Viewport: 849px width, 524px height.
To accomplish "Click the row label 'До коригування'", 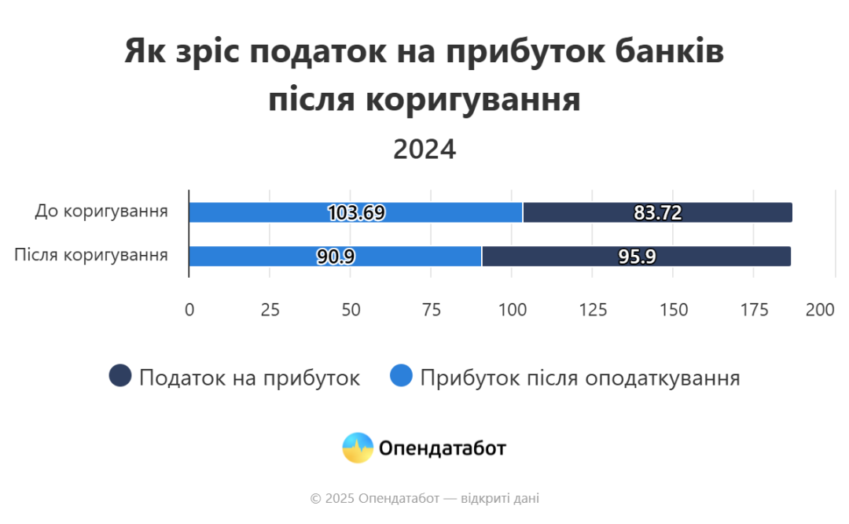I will pos(101,212).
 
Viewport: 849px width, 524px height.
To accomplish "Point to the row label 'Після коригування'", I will pos(91,256).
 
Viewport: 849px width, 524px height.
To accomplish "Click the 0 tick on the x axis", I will pos(189,310).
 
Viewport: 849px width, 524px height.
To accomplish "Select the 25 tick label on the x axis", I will pos(270,310).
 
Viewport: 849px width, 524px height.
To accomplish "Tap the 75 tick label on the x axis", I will pos(432,310).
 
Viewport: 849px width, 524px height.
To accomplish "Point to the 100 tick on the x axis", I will pos(512,310).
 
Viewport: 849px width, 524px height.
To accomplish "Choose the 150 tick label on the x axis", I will pos(673,310).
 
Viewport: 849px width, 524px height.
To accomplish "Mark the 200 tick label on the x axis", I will pos(820,310).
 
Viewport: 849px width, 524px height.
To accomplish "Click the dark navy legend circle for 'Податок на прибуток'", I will pos(119,377).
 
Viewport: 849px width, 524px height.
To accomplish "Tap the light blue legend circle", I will pos(401,377).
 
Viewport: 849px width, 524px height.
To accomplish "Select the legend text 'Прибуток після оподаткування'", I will pos(580,378).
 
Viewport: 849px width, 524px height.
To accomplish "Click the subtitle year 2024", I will pos(424,149).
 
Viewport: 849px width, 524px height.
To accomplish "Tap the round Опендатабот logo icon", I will pos(358,448).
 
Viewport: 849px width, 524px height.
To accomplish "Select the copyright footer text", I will pos(424,498).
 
